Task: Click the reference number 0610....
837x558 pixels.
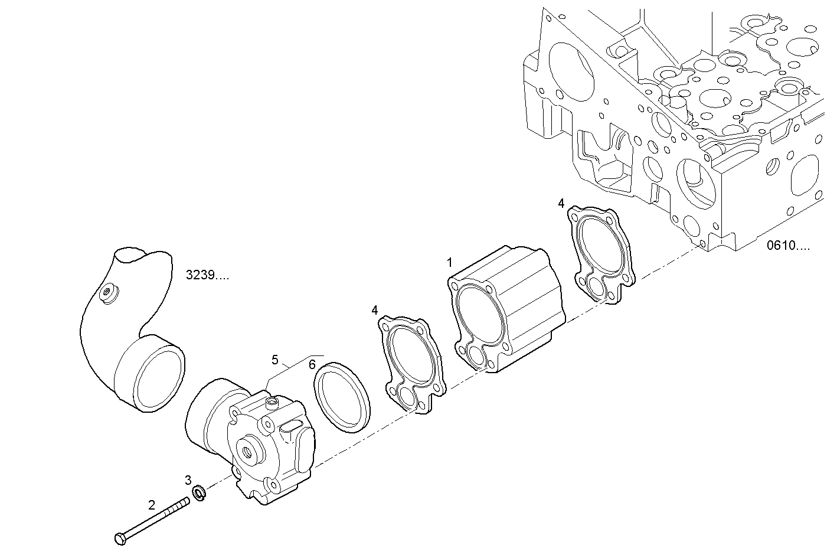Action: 788,246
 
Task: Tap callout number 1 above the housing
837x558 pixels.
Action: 450,262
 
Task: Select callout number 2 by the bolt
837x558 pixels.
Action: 152,505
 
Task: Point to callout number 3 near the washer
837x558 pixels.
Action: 188,479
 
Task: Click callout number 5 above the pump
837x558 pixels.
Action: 275,360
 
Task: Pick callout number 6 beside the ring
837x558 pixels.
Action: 312,364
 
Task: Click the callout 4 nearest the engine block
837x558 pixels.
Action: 561,204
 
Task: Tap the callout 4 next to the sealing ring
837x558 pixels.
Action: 375,309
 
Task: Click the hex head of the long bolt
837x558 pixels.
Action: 119,538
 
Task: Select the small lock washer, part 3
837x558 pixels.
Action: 199,492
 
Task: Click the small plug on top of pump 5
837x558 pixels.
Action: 272,404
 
